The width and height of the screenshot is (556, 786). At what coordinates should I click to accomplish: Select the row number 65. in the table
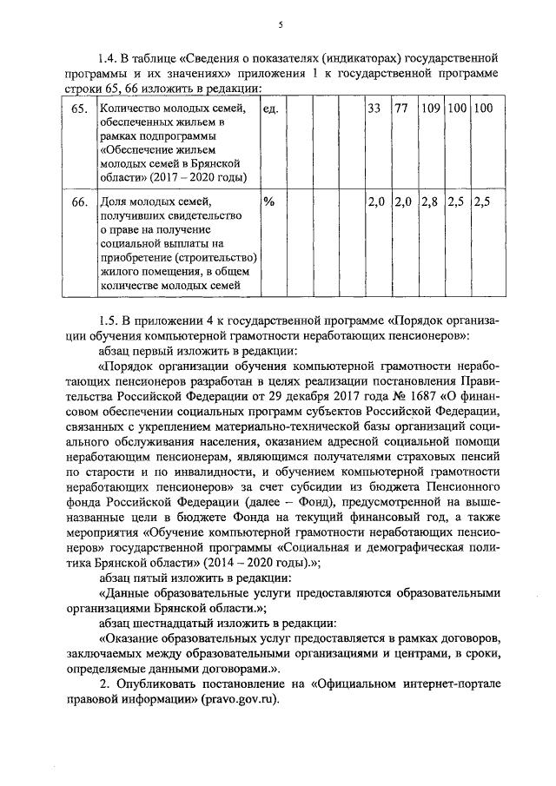pos(79,109)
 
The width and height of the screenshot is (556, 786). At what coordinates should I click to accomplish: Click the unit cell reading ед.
pos(270,109)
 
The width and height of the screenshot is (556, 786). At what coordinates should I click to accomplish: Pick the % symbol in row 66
pos(268,201)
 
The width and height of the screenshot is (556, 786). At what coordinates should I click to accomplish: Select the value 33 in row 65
pos(374,109)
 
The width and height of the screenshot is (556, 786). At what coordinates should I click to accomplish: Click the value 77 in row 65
pos(401,109)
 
